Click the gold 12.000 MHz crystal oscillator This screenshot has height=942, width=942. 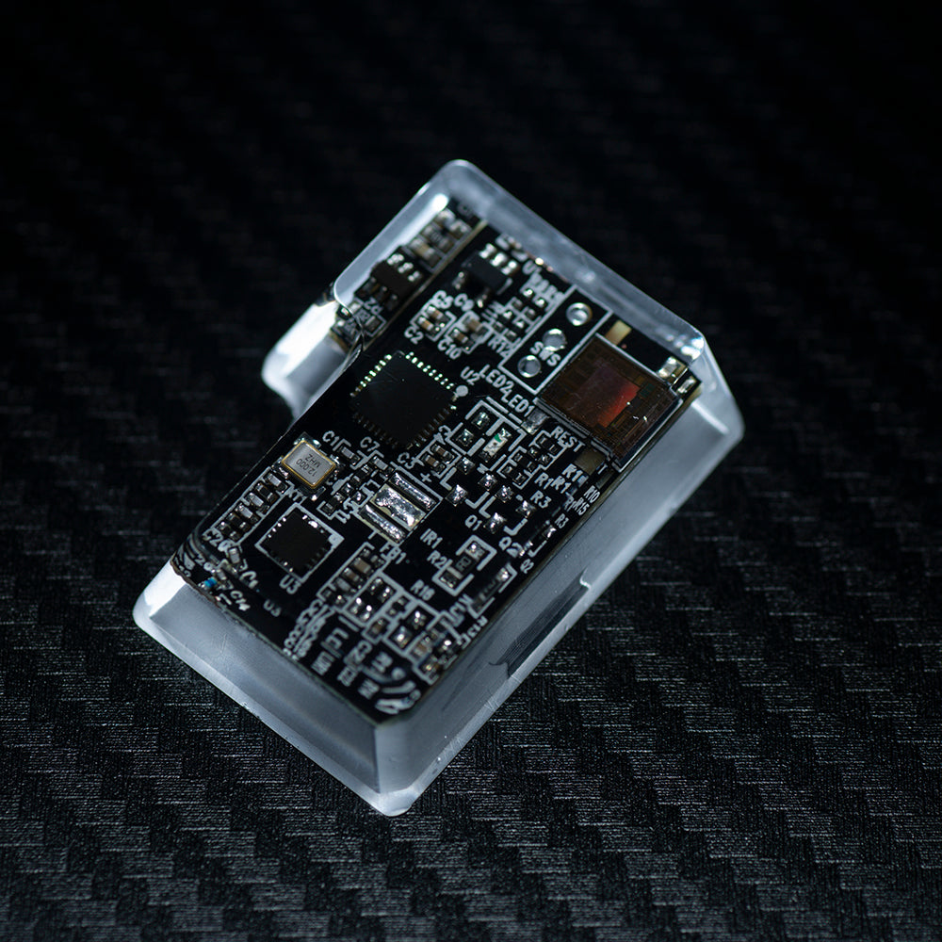coord(307,463)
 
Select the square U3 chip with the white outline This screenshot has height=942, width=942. coord(299,543)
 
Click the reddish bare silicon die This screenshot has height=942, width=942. coord(606,396)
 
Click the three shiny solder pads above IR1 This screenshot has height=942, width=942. coord(396,505)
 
